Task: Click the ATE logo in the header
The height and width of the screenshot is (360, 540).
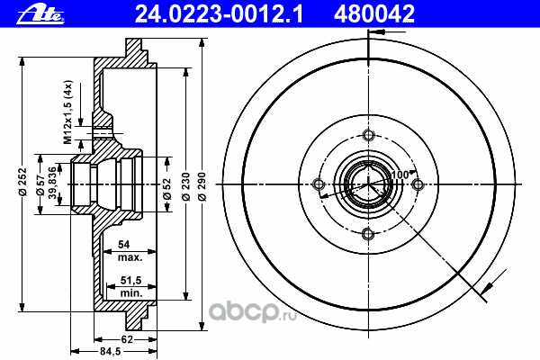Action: pos(40,14)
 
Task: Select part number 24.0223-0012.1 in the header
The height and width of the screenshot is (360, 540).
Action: pos(219,13)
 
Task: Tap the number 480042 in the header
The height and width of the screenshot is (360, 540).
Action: pos(374,13)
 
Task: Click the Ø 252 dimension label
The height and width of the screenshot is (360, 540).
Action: pos(22,182)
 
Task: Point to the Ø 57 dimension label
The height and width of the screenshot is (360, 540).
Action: pos(40,185)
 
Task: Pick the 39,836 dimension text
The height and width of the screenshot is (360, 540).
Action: pos(52,183)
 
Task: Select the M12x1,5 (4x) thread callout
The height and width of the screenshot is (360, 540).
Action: pos(67,112)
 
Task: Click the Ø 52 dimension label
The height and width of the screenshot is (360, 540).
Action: pos(166,189)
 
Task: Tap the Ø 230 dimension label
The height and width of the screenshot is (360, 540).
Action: pos(185,186)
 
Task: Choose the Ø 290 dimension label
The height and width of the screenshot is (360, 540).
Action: pos(202,186)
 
